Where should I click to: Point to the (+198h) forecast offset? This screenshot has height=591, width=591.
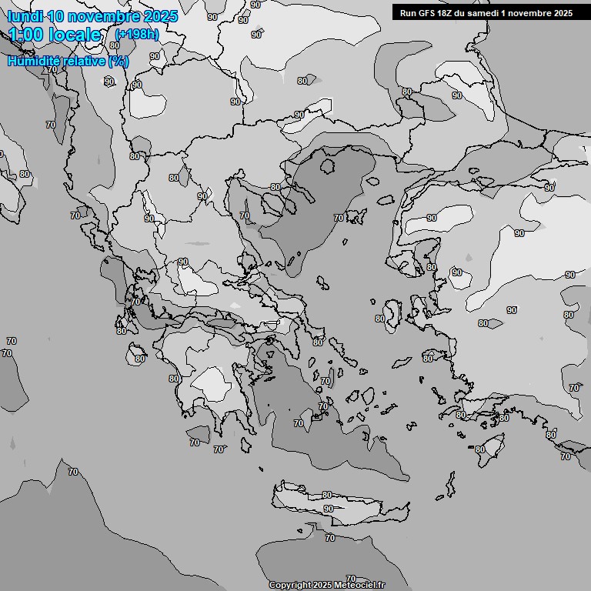point(137,35)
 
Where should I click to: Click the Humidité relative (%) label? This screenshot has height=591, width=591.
point(68,61)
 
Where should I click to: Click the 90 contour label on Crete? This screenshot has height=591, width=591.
point(329,509)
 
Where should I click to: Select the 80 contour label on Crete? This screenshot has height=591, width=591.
point(327,495)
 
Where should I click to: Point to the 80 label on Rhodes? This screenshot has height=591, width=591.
point(480,449)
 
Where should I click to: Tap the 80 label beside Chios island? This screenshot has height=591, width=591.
point(379,319)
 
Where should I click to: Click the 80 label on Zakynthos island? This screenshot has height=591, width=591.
point(139,359)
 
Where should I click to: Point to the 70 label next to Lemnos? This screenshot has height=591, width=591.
point(339,218)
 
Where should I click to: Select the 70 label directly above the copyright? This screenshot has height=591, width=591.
point(351,578)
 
